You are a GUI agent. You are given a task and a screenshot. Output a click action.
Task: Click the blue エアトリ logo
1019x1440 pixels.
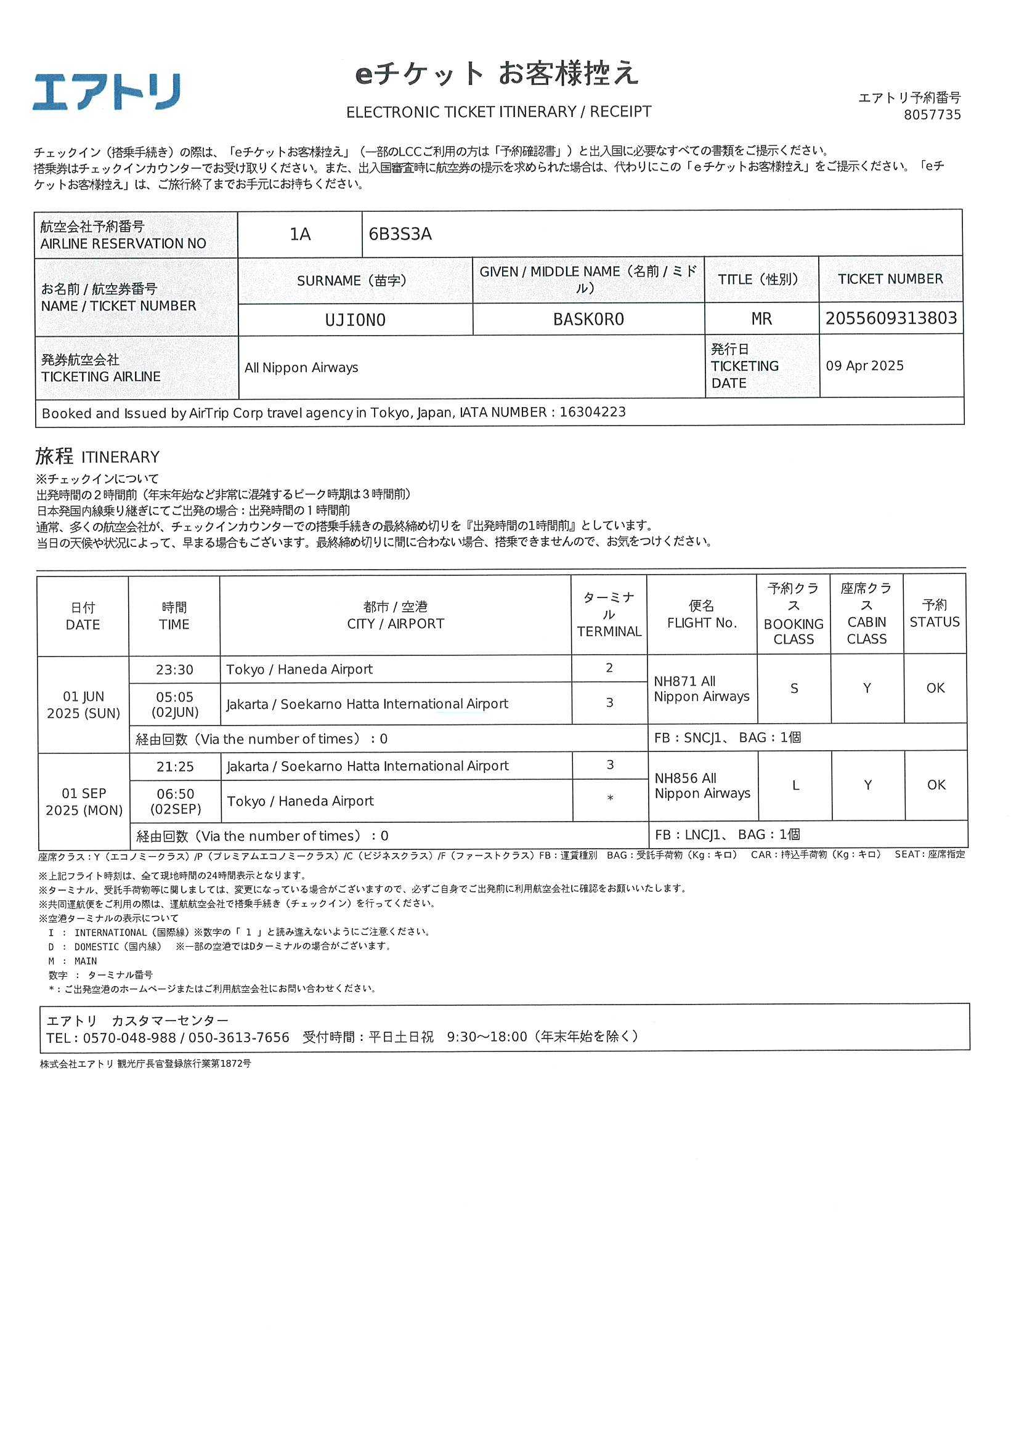[x=107, y=92]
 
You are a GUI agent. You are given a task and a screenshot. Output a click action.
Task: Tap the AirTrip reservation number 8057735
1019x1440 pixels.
[x=932, y=115]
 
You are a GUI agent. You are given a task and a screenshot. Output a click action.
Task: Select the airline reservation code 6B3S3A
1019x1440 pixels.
[x=400, y=235]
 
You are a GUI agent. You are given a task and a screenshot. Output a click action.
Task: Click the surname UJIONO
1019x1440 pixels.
[x=355, y=320]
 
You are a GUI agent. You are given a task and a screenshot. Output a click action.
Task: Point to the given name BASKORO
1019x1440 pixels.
[x=588, y=319]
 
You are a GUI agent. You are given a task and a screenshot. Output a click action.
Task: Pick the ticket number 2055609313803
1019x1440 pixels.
[x=890, y=318]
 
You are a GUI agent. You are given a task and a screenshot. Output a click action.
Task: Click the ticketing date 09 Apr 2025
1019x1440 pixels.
[x=864, y=366]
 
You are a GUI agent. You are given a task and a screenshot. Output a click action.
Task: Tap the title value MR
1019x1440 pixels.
[x=761, y=319]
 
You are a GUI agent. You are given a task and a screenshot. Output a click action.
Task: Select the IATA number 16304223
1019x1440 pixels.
[x=592, y=412]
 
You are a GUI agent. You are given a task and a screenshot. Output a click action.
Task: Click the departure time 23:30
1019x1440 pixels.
[x=174, y=670]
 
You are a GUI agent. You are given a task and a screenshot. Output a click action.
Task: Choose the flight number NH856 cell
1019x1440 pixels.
[x=702, y=786]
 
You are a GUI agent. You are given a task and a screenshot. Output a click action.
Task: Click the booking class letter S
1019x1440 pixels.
[x=794, y=689]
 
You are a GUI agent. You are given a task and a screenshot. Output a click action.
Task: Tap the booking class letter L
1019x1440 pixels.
[x=795, y=785]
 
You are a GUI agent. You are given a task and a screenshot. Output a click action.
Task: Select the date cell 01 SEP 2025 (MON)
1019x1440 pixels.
[x=84, y=801]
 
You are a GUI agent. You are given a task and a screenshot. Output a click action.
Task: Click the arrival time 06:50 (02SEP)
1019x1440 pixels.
[x=176, y=801]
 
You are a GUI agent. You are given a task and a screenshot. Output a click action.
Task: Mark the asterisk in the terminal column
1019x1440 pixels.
[x=609, y=799]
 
